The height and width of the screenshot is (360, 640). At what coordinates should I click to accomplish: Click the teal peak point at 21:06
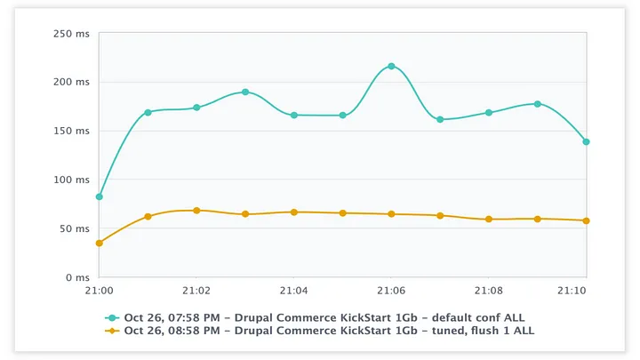391,67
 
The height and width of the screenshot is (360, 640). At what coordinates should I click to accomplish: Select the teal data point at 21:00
99,196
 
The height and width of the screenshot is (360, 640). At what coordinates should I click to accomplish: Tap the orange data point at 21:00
99,243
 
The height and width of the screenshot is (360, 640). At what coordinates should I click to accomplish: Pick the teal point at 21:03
245,92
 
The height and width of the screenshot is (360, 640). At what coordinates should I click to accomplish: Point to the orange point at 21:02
196,211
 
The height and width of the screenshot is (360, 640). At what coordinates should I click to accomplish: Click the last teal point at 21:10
586,141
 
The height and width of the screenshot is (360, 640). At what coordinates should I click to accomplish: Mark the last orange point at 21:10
586,220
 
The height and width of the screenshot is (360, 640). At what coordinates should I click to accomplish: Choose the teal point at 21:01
148,112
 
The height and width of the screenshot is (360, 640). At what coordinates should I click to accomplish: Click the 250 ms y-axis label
72,34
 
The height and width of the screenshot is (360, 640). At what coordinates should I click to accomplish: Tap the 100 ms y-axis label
72,180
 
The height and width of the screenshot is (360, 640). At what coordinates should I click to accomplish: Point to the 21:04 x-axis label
293,291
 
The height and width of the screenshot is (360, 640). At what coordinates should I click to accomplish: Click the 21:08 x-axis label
488,291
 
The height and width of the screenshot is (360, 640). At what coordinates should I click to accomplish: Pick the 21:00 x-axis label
99,291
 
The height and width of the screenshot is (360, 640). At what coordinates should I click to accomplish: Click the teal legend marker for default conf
112,317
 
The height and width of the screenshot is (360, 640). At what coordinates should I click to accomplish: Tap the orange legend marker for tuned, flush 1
112,331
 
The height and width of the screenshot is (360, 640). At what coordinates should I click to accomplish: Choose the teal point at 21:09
537,104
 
